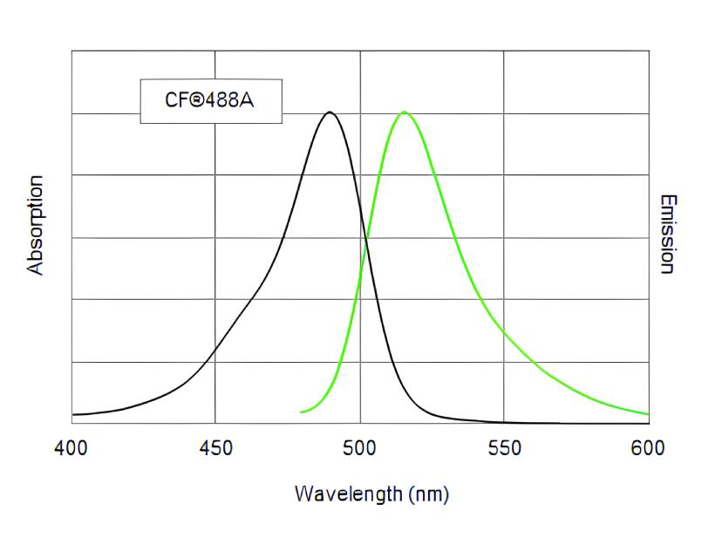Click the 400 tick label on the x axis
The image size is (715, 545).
[x=71, y=448]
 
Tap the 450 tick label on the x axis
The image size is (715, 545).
[x=216, y=448]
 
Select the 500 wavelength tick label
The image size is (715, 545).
[x=360, y=448]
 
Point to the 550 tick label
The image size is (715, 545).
[x=505, y=448]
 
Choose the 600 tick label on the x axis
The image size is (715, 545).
[x=649, y=448]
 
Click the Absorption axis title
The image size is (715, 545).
[x=35, y=225]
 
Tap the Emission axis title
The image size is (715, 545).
[x=667, y=234]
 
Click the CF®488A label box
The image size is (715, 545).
[x=210, y=101]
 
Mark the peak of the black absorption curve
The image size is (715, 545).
[x=329, y=112]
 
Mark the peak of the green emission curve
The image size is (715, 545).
[x=404, y=112]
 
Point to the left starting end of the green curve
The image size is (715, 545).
[x=301, y=412]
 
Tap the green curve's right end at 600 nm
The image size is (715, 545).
[x=648, y=413]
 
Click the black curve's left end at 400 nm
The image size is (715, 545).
[x=72, y=414]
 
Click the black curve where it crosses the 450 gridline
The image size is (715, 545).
[x=216, y=347]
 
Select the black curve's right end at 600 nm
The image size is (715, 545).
[x=648, y=423]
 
